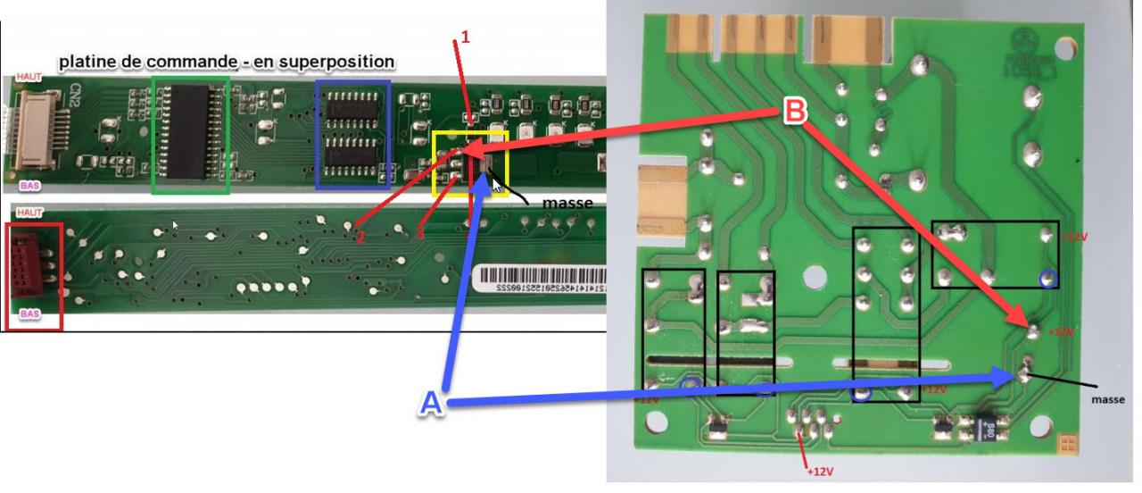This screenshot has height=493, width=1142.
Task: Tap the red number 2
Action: tap(360, 237)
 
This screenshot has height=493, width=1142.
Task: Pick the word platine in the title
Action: tap(88, 63)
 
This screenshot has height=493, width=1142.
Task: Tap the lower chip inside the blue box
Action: tap(353, 155)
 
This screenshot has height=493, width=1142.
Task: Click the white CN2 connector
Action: tap(29, 127)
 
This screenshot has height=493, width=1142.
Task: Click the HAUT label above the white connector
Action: tap(29, 79)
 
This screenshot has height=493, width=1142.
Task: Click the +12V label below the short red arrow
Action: tap(818, 471)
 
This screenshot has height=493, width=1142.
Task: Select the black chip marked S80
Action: tap(988, 430)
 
